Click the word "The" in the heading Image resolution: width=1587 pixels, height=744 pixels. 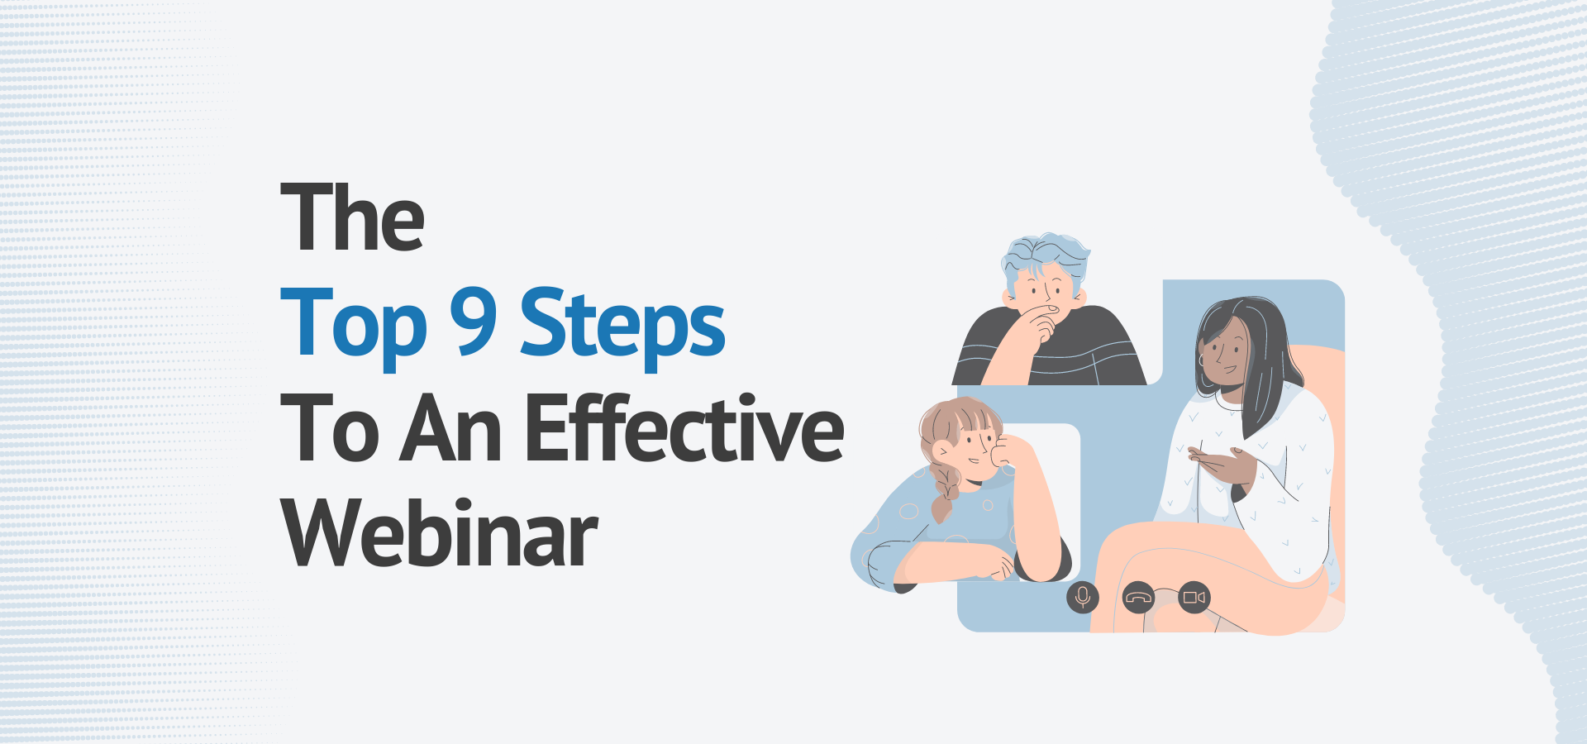click(x=352, y=217)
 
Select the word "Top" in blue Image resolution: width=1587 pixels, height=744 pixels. click(x=354, y=324)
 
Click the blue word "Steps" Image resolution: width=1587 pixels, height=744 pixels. click(x=622, y=324)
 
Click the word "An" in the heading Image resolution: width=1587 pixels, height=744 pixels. click(x=451, y=430)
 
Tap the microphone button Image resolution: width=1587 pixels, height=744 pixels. click(x=1083, y=597)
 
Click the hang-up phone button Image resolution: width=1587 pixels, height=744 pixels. click(x=1139, y=598)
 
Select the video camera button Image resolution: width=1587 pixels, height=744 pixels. click(x=1194, y=597)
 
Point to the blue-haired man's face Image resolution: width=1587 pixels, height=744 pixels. click(x=1043, y=289)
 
